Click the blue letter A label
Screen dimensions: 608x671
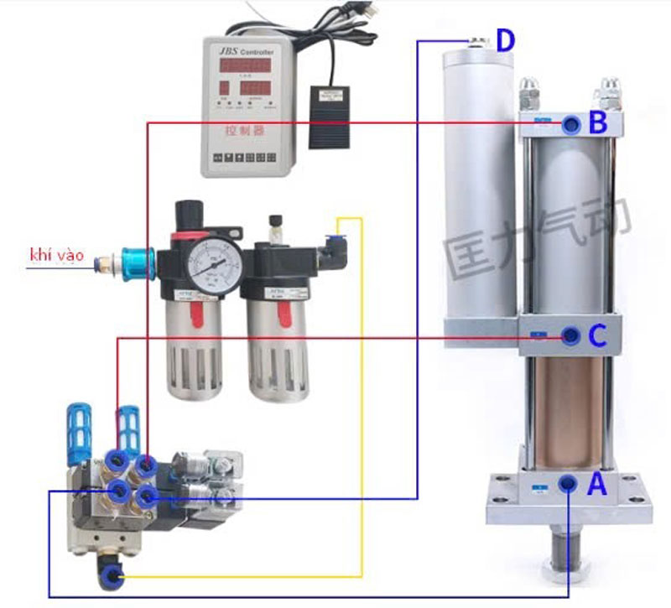coord(596,484)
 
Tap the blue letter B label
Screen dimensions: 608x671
coord(597,123)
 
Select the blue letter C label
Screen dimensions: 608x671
coord(597,337)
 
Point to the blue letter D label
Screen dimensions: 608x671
coord(505,39)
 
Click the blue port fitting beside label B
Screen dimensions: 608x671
coord(570,125)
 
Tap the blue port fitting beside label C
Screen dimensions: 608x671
coord(570,336)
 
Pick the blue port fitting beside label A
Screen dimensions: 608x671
coord(569,483)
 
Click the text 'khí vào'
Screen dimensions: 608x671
coord(56,255)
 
